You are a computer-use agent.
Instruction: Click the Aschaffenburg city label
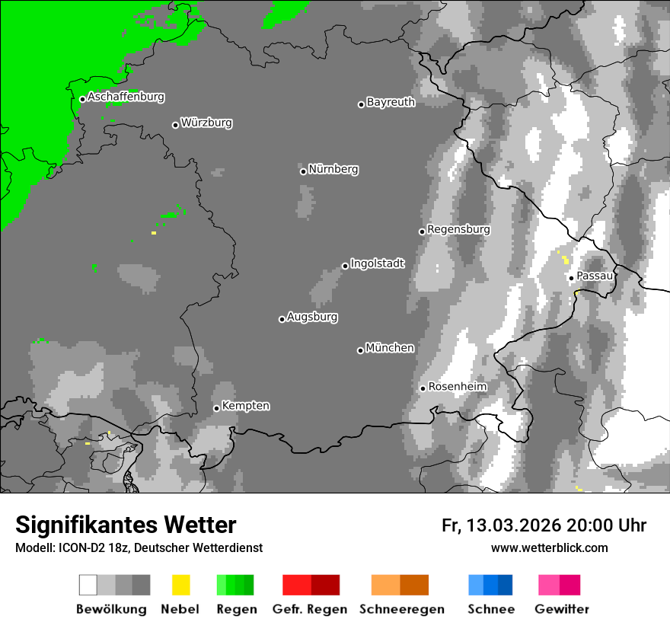click(126, 97)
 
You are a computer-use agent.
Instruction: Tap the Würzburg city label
click(206, 123)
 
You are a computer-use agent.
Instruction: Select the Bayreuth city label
click(391, 102)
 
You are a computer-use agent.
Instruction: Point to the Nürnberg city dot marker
click(303, 171)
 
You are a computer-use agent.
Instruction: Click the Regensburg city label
click(458, 229)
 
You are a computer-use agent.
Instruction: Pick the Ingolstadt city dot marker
click(345, 266)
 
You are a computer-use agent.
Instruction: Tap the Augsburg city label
click(312, 317)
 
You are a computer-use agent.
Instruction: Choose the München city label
click(390, 348)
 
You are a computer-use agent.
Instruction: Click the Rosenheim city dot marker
click(423, 388)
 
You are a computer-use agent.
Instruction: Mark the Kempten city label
click(245, 406)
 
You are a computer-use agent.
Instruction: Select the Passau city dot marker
click(571, 278)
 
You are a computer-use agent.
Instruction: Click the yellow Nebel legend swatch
click(180, 585)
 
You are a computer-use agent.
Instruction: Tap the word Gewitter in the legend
click(562, 609)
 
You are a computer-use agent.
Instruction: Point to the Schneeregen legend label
click(401, 609)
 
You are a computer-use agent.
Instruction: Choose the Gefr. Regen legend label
click(310, 609)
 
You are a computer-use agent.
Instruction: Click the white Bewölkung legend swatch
click(88, 585)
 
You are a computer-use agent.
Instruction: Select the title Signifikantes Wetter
click(126, 525)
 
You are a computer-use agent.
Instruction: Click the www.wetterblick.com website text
click(550, 548)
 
